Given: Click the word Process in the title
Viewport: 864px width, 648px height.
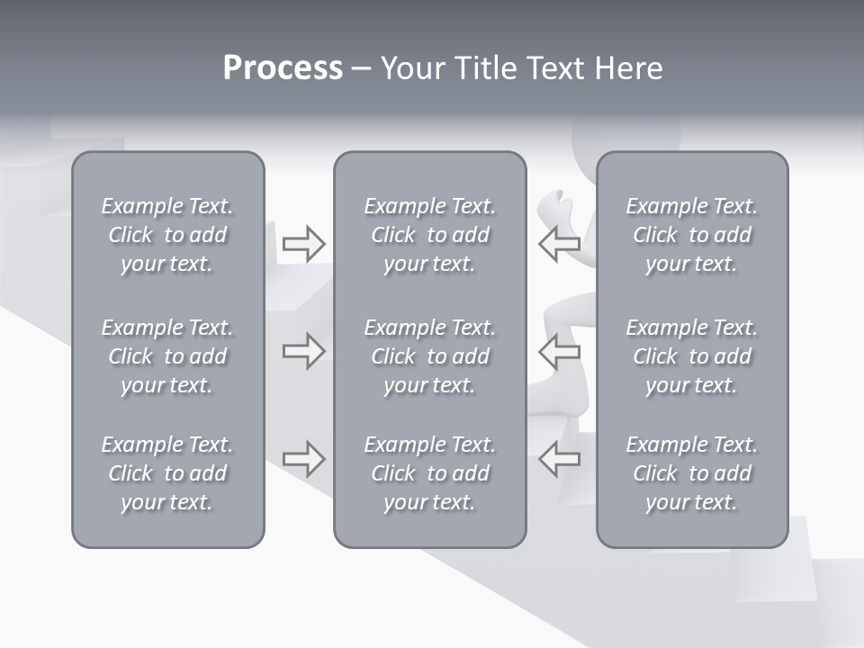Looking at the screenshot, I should click(283, 68).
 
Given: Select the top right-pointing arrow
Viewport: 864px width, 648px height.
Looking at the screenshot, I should click(303, 244).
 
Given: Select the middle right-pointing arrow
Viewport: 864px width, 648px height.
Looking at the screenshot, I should click(303, 351).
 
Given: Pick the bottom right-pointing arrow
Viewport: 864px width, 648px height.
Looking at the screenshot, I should click(303, 459).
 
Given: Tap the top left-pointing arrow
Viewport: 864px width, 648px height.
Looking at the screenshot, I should click(560, 244).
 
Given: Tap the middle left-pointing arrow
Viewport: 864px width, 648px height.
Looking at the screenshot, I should click(560, 351).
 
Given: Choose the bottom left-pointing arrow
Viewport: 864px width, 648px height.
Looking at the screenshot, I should click(560, 459).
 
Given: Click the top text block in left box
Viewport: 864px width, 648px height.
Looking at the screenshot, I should click(167, 235).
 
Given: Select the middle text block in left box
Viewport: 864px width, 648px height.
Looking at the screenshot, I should click(167, 356).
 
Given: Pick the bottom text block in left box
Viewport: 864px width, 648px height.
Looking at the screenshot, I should click(167, 473).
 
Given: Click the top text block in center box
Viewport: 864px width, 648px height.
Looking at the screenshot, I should click(429, 235).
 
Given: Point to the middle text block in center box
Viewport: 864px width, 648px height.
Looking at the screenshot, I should click(429, 356).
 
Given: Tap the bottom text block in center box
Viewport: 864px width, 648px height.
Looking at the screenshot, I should click(429, 473).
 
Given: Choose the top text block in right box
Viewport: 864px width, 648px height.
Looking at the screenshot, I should click(691, 235).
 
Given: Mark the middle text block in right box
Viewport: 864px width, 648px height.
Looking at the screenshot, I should click(691, 356).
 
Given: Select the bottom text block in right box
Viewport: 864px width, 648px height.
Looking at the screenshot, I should click(691, 473).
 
